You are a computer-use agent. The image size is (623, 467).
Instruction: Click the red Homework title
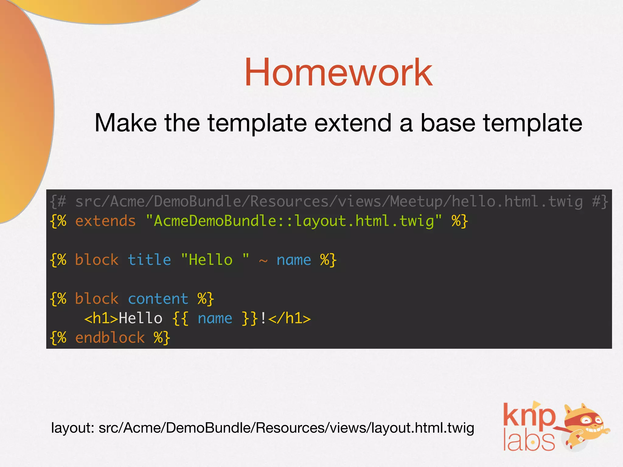[338, 73]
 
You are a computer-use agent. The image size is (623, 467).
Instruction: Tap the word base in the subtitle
[448, 123]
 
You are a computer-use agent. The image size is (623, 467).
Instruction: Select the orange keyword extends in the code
[105, 221]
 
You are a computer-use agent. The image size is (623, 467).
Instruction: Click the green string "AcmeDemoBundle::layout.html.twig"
[294, 221]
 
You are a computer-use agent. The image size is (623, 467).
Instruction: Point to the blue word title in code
[149, 260]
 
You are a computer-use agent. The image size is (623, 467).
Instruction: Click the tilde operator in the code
[263, 261]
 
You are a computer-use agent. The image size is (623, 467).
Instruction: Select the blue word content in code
[158, 299]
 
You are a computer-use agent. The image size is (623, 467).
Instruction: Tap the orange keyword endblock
[110, 338]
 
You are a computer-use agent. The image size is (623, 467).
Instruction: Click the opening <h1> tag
[101, 318]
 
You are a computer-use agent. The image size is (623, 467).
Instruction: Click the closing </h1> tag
[290, 318]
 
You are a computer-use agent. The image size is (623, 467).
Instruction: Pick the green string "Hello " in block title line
[215, 260]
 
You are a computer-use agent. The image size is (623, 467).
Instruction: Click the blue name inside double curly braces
[215, 318]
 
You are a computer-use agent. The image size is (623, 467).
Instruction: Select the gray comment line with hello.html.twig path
[329, 202]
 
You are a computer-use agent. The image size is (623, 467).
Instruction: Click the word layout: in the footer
[73, 428]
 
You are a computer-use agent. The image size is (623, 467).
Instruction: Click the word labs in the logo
[529, 441]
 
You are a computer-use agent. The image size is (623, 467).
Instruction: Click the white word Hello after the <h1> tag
[141, 318]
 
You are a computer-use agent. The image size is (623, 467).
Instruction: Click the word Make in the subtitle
[126, 123]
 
